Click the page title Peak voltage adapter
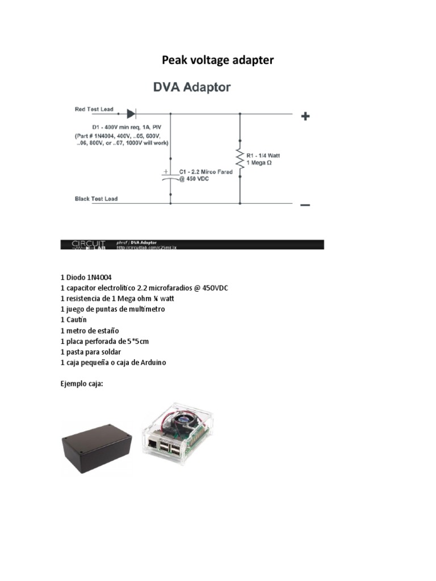pos(218,60)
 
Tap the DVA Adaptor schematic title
pos(191,88)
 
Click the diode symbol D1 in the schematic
pos(131,113)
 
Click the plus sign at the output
pos(305,116)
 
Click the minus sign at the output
pos(305,205)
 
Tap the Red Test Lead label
pos(94,109)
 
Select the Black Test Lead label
pos(97,199)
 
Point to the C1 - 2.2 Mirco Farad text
pos(206,172)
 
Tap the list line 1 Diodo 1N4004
pos(86,277)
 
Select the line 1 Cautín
pos(74,319)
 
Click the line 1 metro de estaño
pos(90,330)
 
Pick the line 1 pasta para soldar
pos(91,352)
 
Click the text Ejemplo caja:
pos(82,384)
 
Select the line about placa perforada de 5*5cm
pos(105,341)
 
